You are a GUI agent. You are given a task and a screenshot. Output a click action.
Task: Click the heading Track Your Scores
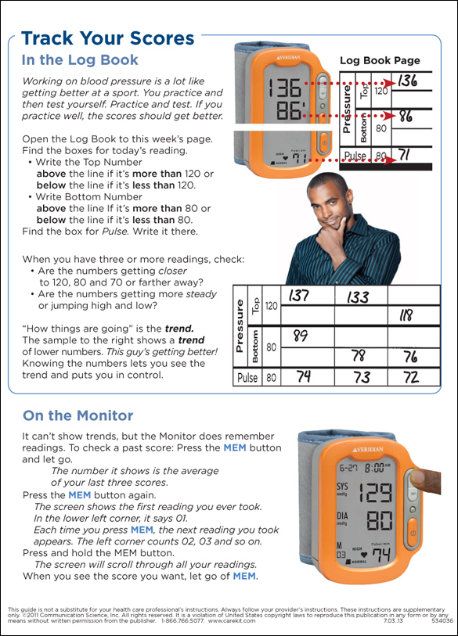coord(107,38)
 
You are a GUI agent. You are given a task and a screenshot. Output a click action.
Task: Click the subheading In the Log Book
coord(80,60)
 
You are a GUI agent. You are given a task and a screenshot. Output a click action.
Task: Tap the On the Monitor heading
coord(78,415)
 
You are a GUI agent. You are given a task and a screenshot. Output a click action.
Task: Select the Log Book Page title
coord(380,61)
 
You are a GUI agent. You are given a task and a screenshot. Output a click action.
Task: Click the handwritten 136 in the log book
coord(407,81)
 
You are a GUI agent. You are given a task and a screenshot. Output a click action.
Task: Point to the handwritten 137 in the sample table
coord(299,295)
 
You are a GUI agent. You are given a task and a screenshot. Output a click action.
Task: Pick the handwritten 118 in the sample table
coord(406,315)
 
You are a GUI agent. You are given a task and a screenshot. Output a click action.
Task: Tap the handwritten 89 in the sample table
coord(301,336)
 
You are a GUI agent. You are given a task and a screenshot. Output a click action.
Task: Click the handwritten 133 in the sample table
coord(358,297)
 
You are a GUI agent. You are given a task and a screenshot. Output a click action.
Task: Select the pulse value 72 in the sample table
coord(411,377)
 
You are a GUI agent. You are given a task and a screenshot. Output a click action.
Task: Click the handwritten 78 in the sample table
coord(359,356)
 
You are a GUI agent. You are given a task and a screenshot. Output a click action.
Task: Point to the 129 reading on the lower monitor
coord(376,492)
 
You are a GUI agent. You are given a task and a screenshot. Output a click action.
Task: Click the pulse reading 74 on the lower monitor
coord(380,554)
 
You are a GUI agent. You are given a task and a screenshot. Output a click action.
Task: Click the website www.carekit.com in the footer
coord(232,620)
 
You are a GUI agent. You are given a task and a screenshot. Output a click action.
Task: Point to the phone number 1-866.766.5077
coord(182,620)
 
